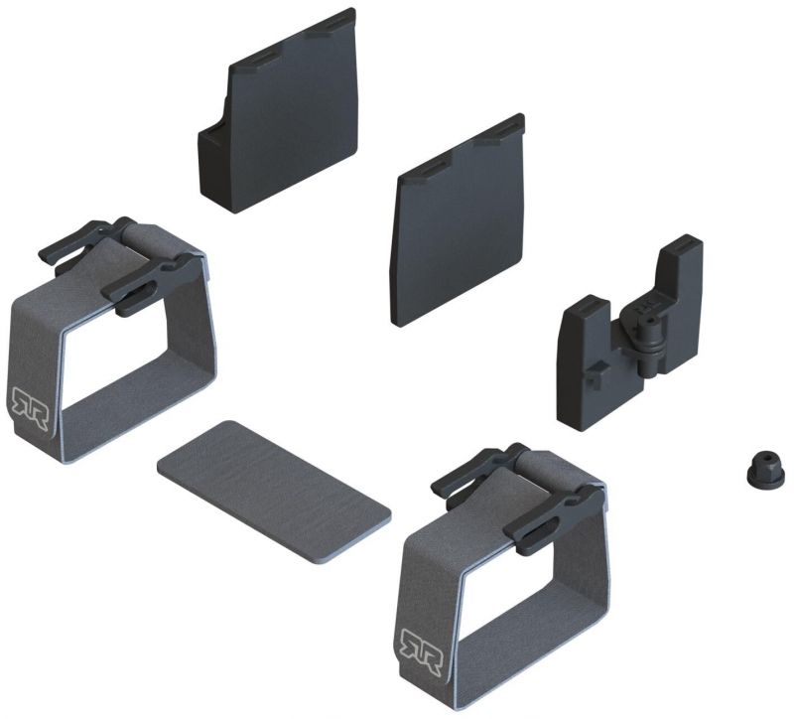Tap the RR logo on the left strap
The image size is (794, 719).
point(31,407)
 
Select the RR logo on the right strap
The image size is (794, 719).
point(421,650)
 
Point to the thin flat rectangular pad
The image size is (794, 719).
point(274,492)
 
